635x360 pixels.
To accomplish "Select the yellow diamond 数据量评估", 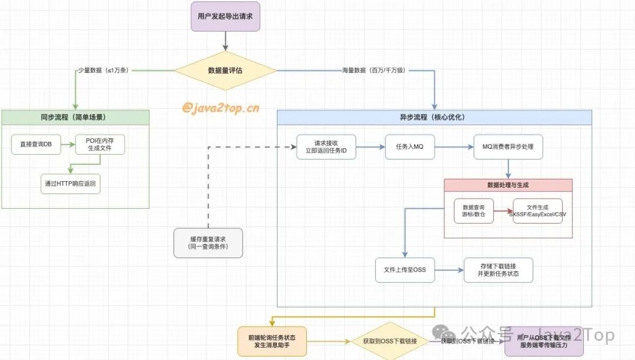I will [x=225, y=71].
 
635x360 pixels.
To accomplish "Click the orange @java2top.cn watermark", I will [x=220, y=108].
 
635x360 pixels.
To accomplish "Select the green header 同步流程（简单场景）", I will [x=75, y=117].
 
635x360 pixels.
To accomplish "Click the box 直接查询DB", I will [x=36, y=144].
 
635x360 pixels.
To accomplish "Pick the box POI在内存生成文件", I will [x=101, y=144].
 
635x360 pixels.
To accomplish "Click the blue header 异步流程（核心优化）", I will [x=435, y=117].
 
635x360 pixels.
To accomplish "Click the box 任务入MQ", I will [x=410, y=146].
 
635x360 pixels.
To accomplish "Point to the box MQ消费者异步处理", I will [x=508, y=146].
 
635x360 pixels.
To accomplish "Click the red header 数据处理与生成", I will [x=508, y=185].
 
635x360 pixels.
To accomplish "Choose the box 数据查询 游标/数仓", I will [x=473, y=211].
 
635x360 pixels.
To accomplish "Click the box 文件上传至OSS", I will [x=400, y=270].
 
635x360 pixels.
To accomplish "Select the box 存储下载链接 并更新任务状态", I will [x=498, y=270].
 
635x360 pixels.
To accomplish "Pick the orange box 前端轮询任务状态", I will [x=272, y=341].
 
